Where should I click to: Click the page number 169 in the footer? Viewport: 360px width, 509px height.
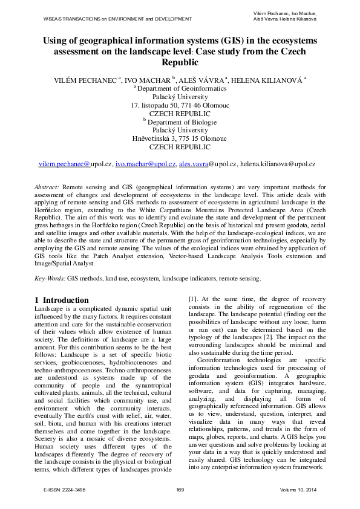pyautogui.click(x=180, y=489)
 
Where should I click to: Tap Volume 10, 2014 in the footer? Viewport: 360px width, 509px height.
pyautogui.click(x=298, y=489)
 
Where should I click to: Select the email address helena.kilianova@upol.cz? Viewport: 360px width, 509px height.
pyautogui.click(x=278, y=164)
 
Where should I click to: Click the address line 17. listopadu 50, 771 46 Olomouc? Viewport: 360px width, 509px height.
pyautogui.click(x=180, y=105)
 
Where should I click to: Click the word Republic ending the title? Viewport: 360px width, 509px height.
pyautogui.click(x=180, y=62)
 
